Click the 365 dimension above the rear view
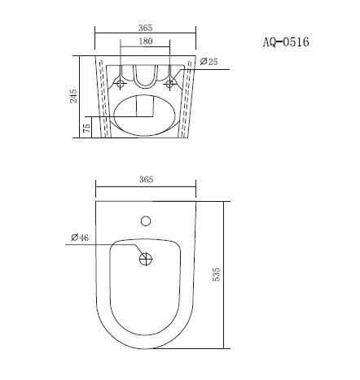(x=147, y=26)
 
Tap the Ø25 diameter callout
(x=209, y=62)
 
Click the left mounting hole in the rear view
(x=122, y=84)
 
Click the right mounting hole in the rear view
(x=170, y=84)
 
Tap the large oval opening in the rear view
(x=147, y=113)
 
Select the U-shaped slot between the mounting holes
(x=147, y=76)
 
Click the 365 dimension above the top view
(x=147, y=180)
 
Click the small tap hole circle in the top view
(x=147, y=220)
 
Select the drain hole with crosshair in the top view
(x=147, y=259)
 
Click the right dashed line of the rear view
(x=189, y=98)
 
